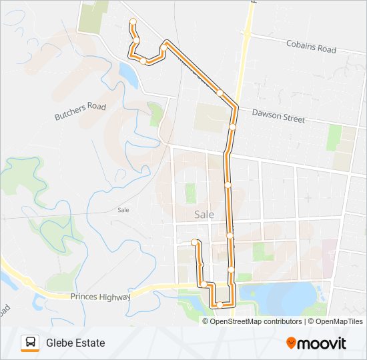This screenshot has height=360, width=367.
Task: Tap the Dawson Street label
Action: pos(278,117)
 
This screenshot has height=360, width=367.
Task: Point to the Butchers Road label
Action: pos(80,111)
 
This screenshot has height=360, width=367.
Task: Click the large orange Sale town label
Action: pos(204,215)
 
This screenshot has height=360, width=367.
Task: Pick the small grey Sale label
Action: pos(123,209)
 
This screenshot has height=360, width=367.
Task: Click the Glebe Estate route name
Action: pos(75,343)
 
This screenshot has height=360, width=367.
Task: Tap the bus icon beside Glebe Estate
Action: pos(30,343)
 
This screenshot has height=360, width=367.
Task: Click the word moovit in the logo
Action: pos(322,343)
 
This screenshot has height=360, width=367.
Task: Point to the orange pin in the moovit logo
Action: pos(291,343)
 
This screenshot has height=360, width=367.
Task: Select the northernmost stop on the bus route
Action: pos(133,21)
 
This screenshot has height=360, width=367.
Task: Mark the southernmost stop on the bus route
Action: pos(219,305)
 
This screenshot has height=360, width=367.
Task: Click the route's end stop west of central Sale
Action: pos(194,241)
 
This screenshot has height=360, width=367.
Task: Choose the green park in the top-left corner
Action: pos(93,16)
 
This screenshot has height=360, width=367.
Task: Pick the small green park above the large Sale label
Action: pos(191,193)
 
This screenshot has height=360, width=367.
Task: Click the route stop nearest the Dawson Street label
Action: pos(233,126)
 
